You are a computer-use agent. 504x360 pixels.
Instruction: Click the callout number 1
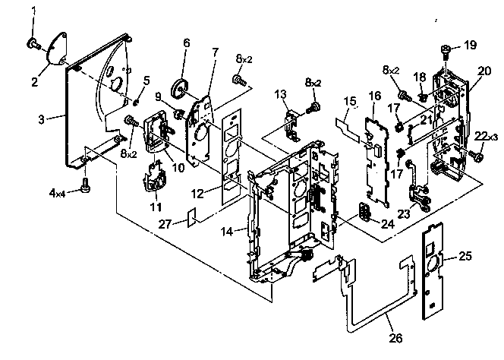(33, 10)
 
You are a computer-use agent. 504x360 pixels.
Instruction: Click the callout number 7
(215, 52)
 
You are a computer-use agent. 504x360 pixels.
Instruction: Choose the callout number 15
(349, 101)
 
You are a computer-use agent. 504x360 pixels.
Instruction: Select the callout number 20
(484, 71)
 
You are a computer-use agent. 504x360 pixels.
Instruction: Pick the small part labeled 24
(365, 210)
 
